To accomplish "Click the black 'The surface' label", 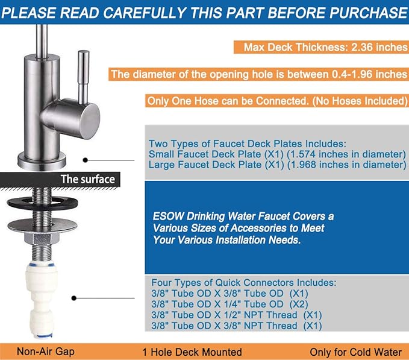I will [x=87, y=178].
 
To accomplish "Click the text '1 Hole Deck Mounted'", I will [x=192, y=352].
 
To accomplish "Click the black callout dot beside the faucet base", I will [x=86, y=160].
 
